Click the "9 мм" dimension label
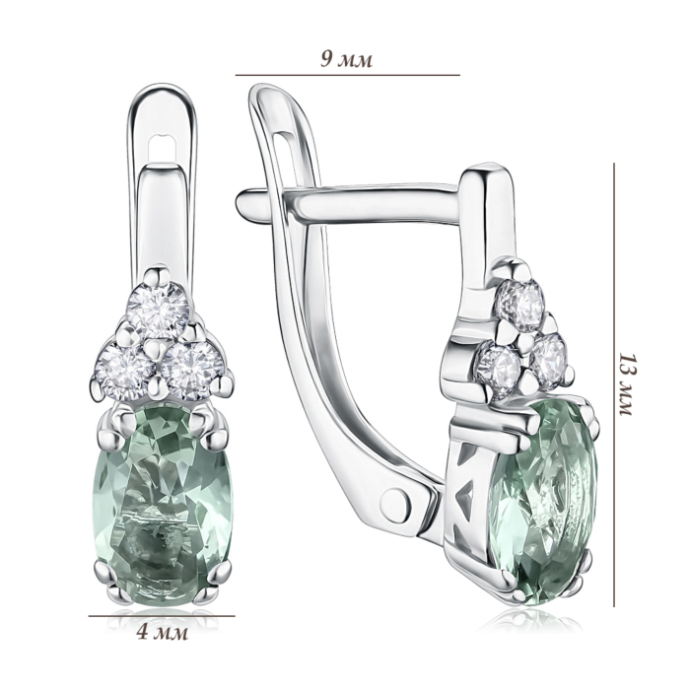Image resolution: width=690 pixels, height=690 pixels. (346, 60)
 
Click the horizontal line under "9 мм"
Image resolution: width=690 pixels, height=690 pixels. (348, 75)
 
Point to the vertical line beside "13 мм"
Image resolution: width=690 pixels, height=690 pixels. (614, 385)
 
